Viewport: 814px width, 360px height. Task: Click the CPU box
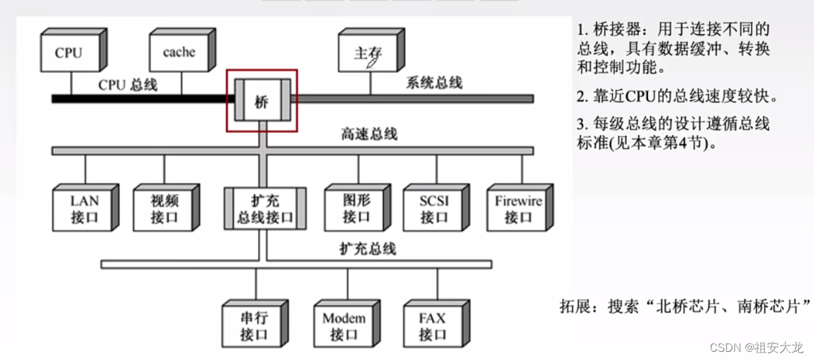pyautogui.click(x=68, y=52)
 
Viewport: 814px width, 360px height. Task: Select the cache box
pyautogui.click(x=179, y=52)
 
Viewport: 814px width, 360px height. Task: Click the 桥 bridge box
pyautogui.click(x=262, y=101)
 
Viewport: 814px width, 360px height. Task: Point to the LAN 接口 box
pyautogui.click(x=84, y=209)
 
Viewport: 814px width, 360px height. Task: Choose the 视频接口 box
pyautogui.click(x=164, y=209)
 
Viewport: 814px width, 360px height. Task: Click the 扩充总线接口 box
pyautogui.click(x=265, y=209)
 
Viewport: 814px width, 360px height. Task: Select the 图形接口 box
pyautogui.click(x=356, y=209)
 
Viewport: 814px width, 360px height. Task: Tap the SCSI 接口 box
pyautogui.click(x=434, y=209)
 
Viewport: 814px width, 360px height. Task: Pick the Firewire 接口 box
pyautogui.click(x=518, y=209)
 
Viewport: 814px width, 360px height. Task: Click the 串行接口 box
pyautogui.click(x=254, y=326)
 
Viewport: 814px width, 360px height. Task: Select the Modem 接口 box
pyautogui.click(x=344, y=326)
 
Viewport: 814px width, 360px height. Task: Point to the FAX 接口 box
pyautogui.click(x=432, y=326)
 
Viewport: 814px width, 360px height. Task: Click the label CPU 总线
pyautogui.click(x=128, y=85)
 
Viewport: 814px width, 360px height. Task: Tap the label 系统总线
pyautogui.click(x=434, y=83)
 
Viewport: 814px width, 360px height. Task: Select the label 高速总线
pyautogui.click(x=369, y=134)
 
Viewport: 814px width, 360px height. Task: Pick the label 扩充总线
pyautogui.click(x=368, y=248)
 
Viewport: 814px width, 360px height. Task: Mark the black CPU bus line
pyautogui.click(x=137, y=99)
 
